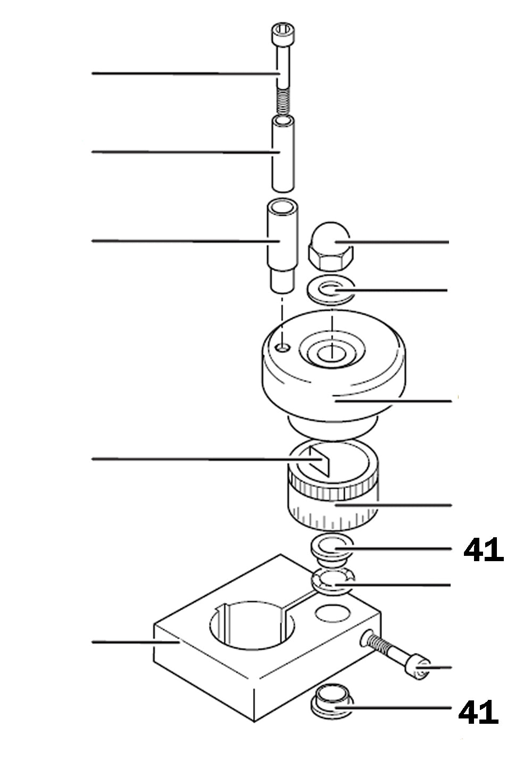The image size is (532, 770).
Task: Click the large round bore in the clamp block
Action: tap(252, 627)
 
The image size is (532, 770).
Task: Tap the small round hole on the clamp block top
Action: tap(332, 613)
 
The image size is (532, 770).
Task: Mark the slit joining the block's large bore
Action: tap(298, 605)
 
